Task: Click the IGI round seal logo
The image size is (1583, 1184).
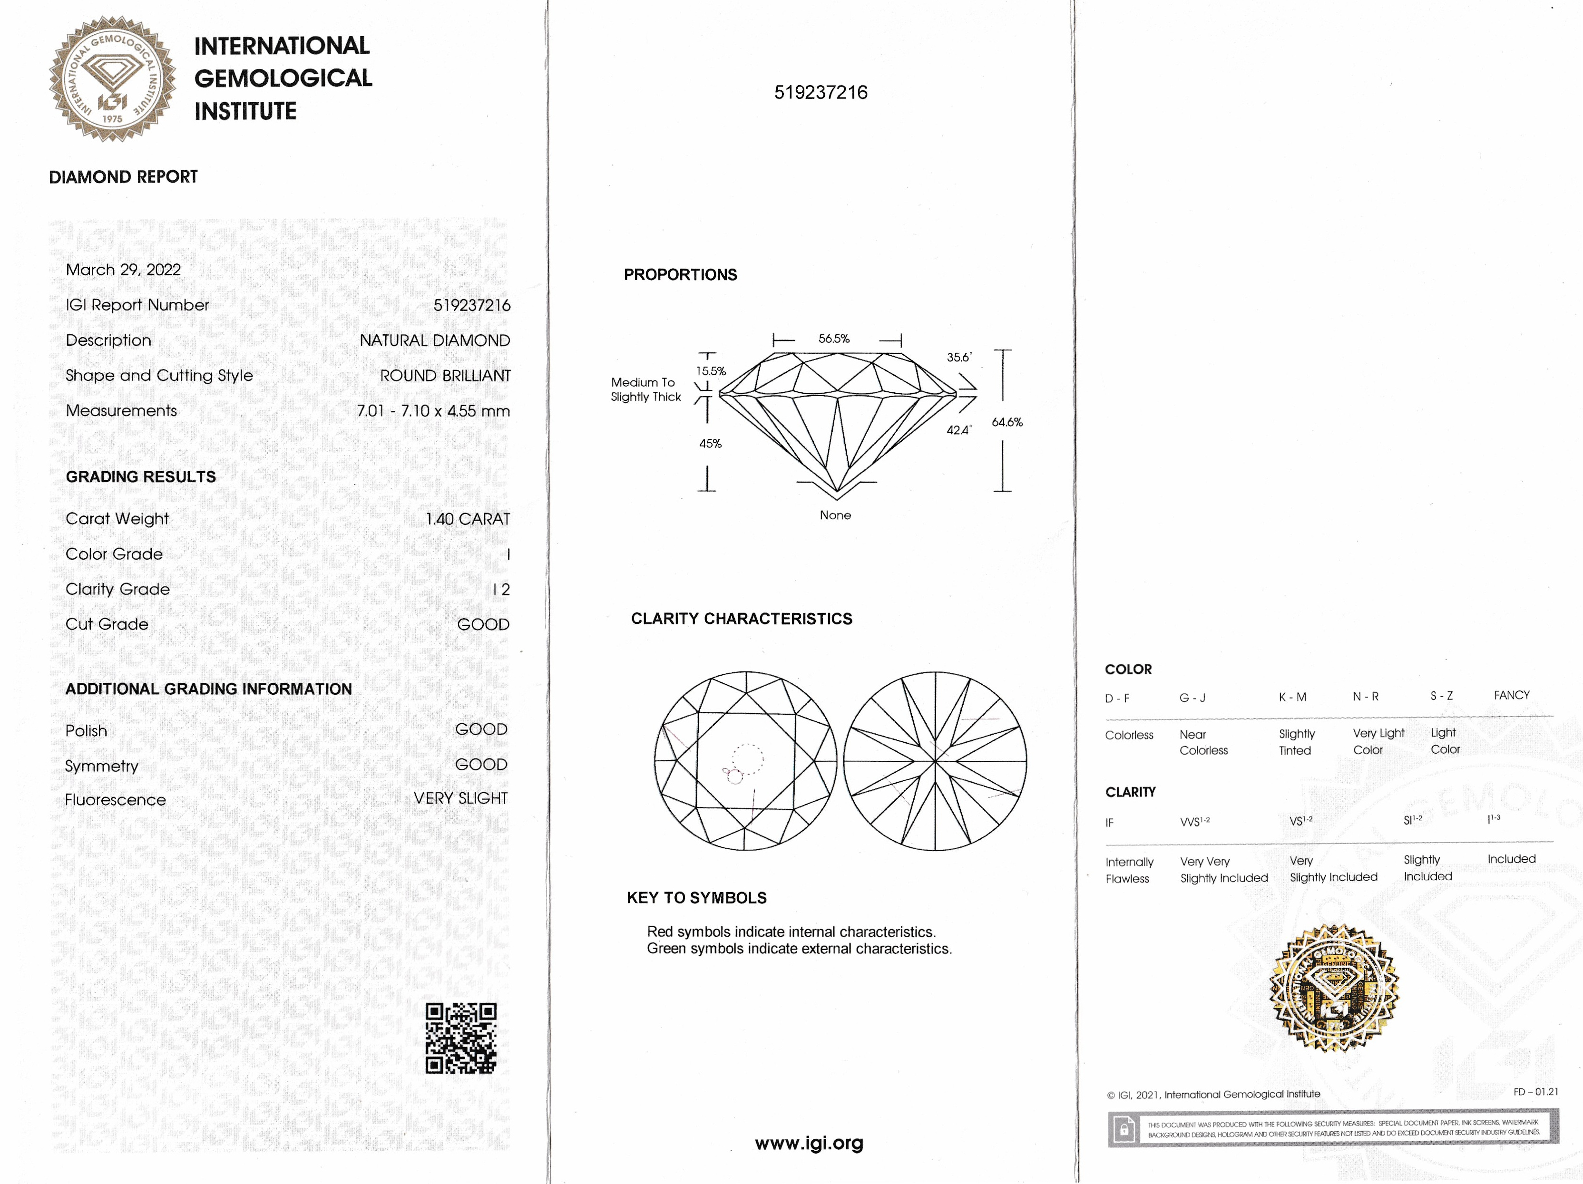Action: (x=112, y=78)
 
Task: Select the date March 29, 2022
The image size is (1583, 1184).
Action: (x=123, y=270)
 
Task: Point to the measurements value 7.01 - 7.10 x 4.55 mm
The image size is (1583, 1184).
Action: (x=433, y=411)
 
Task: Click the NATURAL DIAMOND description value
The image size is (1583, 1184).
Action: (x=434, y=340)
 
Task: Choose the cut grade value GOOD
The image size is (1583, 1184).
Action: (x=483, y=624)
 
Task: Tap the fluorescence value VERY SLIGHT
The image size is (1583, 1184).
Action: (x=460, y=798)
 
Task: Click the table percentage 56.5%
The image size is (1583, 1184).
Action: (x=834, y=339)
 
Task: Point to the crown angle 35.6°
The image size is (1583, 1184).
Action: (x=959, y=357)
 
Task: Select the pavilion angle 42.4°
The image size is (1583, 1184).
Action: (x=959, y=430)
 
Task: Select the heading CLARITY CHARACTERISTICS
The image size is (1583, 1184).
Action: (x=742, y=619)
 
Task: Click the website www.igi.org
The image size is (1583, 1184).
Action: (x=809, y=1143)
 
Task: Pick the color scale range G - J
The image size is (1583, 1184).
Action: (x=1192, y=698)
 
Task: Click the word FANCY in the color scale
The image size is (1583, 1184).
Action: (x=1512, y=695)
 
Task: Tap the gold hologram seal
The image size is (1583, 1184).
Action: (x=1334, y=990)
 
